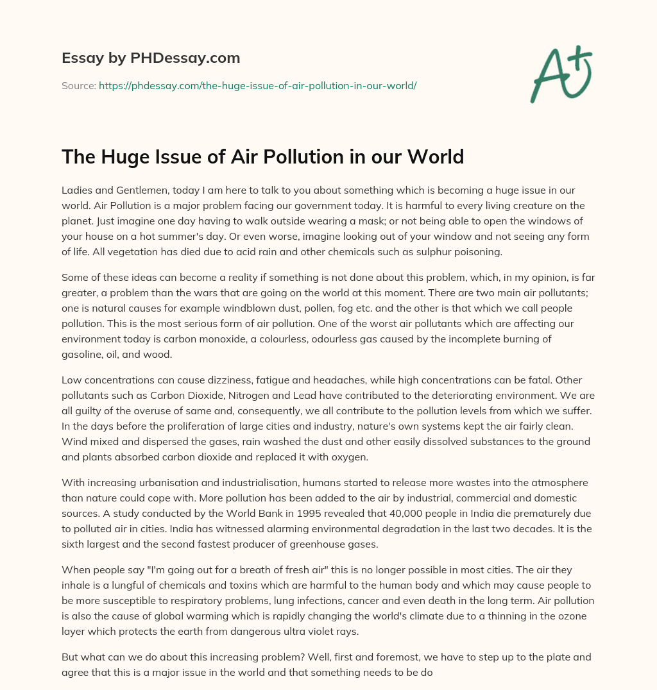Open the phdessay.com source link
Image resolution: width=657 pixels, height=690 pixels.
click(x=257, y=85)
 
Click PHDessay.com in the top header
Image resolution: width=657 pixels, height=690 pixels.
click(x=185, y=58)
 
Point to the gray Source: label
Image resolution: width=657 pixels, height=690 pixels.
click(x=78, y=85)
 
